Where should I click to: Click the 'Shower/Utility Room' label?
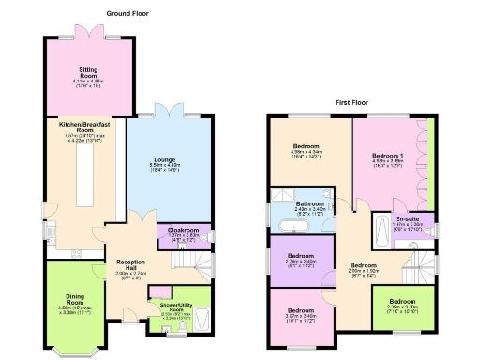172,307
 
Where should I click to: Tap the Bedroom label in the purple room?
301,255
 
